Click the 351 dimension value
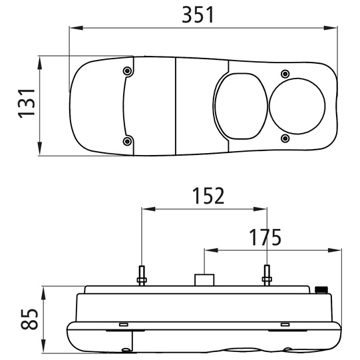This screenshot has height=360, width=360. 198,15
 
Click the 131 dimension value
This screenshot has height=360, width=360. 27,103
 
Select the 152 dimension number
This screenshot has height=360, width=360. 208,196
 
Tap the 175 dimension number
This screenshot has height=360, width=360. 266,237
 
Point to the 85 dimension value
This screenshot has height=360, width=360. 29,319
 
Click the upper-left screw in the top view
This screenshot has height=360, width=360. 127,71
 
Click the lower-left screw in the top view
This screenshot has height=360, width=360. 127,141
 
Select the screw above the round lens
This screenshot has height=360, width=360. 285,74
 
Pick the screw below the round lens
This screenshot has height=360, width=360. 285,138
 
